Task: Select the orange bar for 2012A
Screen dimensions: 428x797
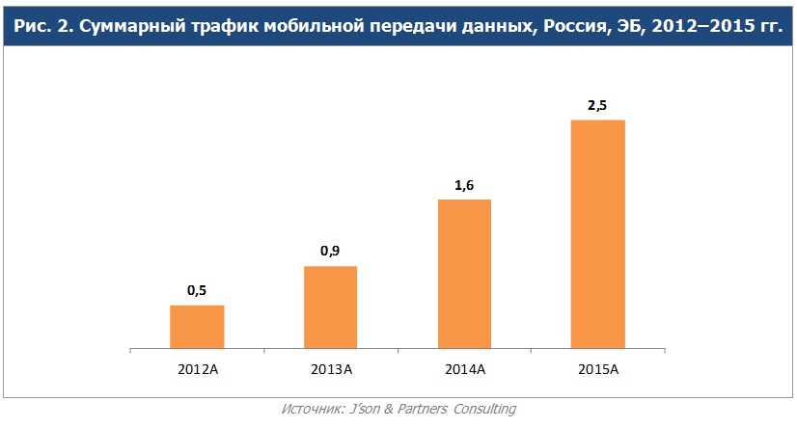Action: [197, 326]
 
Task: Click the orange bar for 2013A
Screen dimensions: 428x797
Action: [331, 307]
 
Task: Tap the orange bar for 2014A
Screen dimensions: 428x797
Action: [465, 273]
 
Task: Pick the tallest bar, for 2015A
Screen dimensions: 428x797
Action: [598, 233]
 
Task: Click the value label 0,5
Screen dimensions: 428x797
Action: [197, 290]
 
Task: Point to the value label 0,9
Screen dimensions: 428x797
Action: [331, 251]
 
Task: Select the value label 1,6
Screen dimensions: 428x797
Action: [465, 184]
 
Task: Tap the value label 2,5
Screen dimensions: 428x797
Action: [598, 105]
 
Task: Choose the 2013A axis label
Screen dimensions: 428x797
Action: [331, 369]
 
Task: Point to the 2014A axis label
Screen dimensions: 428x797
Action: [465, 369]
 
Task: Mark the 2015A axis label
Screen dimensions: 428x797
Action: [598, 369]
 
